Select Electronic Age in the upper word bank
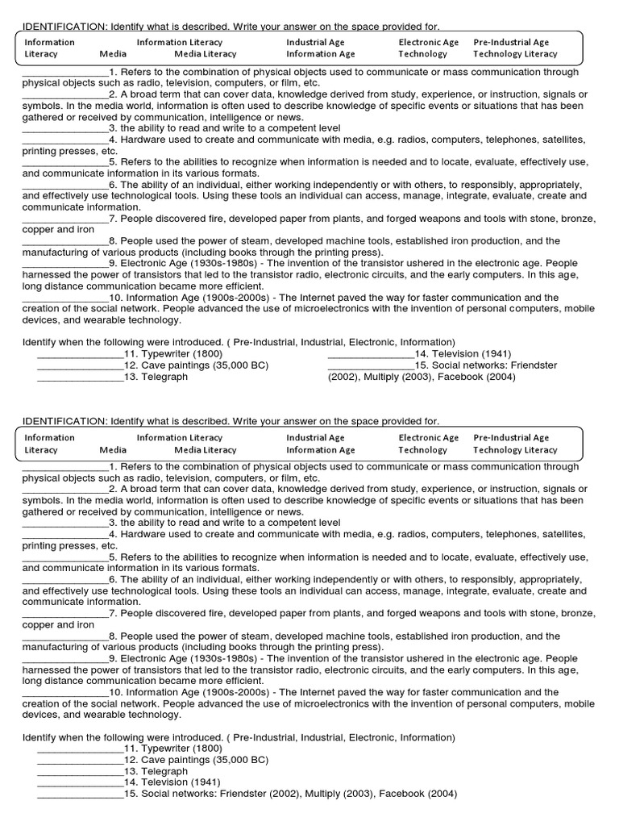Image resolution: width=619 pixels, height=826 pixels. tap(428, 42)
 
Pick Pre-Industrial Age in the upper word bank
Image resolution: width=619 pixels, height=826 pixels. tap(511, 42)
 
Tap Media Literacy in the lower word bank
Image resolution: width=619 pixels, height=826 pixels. tap(206, 449)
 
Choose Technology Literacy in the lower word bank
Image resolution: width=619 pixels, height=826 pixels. tap(515, 449)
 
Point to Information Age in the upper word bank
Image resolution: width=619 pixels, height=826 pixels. tap(320, 54)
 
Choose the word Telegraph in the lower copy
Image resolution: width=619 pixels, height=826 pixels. tap(164, 771)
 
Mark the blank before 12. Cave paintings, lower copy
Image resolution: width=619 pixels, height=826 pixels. tap(80, 761)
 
